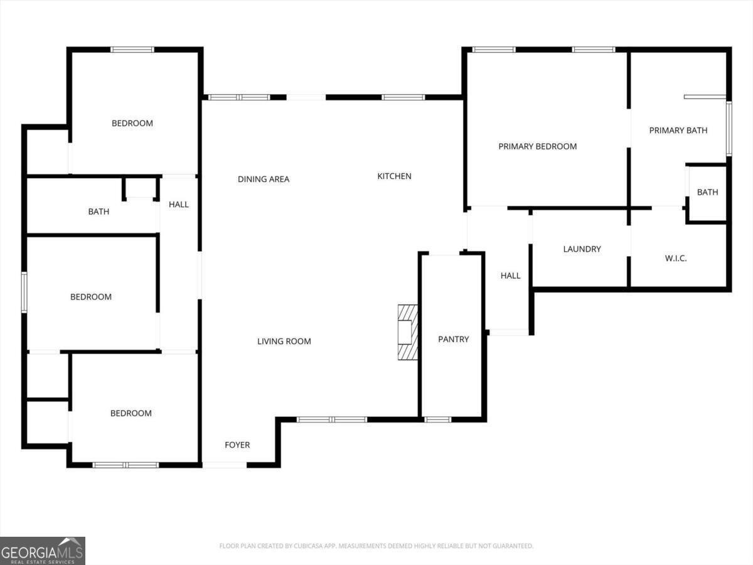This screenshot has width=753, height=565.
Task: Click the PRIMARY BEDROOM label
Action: [537, 146]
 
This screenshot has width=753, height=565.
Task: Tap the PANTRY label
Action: [453, 339]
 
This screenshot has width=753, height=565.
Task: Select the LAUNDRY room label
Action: [582, 249]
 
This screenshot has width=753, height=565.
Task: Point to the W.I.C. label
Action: [675, 258]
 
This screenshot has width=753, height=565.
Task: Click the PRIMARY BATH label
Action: [678, 131]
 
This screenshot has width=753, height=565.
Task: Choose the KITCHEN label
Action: [394, 176]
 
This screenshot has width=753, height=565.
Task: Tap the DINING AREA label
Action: [264, 180]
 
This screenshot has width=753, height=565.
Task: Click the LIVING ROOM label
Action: [284, 342]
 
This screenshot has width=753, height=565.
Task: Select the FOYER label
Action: [237, 445]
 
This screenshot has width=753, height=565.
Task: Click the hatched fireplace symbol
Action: [408, 332]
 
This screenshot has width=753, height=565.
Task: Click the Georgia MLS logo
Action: [42, 551]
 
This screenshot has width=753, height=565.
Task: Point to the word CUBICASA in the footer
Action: [307, 546]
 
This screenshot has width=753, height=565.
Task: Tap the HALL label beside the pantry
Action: [510, 276]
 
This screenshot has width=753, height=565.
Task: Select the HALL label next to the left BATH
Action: [179, 205]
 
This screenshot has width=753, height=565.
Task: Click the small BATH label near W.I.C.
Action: [707, 192]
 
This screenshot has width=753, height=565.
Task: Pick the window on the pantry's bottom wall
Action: [437, 419]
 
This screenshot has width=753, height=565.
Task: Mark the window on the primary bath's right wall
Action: [729, 129]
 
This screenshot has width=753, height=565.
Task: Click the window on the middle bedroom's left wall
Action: [24, 292]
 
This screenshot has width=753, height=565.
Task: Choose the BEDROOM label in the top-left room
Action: [132, 124]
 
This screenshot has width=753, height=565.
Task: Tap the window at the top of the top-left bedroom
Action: [132, 50]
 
